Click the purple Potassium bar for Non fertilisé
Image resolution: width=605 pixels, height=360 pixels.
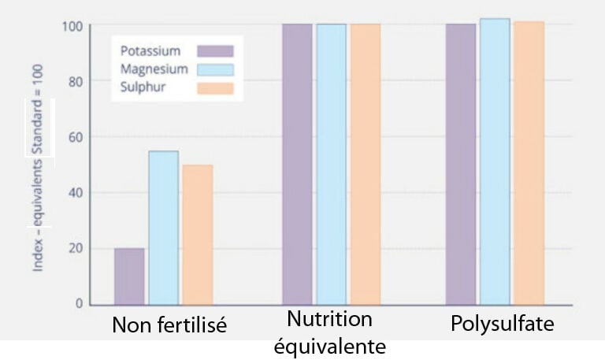pyautogui.click(x=129, y=276)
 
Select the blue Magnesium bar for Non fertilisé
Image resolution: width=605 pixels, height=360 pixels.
pyautogui.click(x=163, y=228)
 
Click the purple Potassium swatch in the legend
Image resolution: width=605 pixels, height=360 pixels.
pyautogui.click(x=215, y=51)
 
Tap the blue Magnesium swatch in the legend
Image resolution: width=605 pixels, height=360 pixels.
pyautogui.click(x=215, y=69)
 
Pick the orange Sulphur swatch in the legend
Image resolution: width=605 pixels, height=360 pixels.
pyautogui.click(x=215, y=87)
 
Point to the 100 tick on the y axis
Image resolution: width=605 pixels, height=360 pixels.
pyautogui.click(x=72, y=26)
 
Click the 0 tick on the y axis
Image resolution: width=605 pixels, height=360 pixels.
pyautogui.click(x=79, y=303)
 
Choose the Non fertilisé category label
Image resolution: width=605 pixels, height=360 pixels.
pyautogui.click(x=169, y=325)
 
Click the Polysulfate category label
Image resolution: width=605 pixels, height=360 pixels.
pyautogui.click(x=503, y=324)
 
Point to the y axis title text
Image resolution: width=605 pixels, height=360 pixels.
pyautogui.click(x=38, y=165)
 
